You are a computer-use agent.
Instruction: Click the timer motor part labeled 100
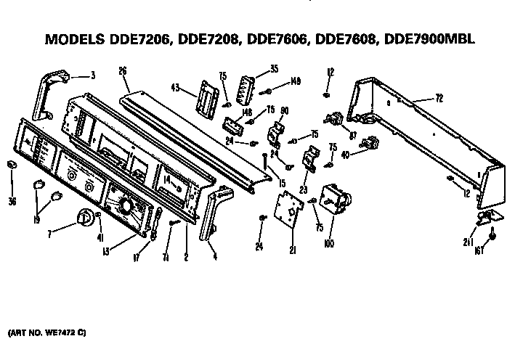pyautogui.click(x=336, y=196)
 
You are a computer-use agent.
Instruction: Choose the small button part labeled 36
pyautogui.click(x=12, y=168)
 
